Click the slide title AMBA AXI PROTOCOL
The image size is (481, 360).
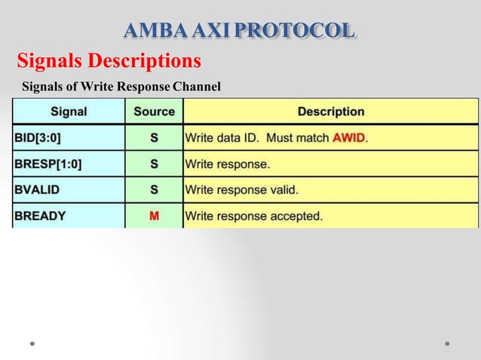pos(238,31)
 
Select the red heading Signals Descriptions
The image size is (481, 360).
pos(109,59)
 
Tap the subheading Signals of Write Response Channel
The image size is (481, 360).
pos(121,87)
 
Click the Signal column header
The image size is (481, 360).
pos(69,111)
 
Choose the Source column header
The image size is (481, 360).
pos(154,111)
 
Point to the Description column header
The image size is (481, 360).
pos(331,111)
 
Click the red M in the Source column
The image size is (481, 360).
pos(154,215)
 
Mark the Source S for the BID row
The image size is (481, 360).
pos(154,138)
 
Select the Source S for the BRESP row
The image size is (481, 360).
pos(154,163)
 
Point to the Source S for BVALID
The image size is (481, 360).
pos(154,190)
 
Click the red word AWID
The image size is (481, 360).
pos(349,138)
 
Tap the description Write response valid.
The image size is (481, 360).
pos(241,190)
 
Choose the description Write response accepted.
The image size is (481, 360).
pos(254,215)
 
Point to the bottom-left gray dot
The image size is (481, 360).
pos(32,343)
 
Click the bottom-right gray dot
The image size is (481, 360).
pos(447,343)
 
